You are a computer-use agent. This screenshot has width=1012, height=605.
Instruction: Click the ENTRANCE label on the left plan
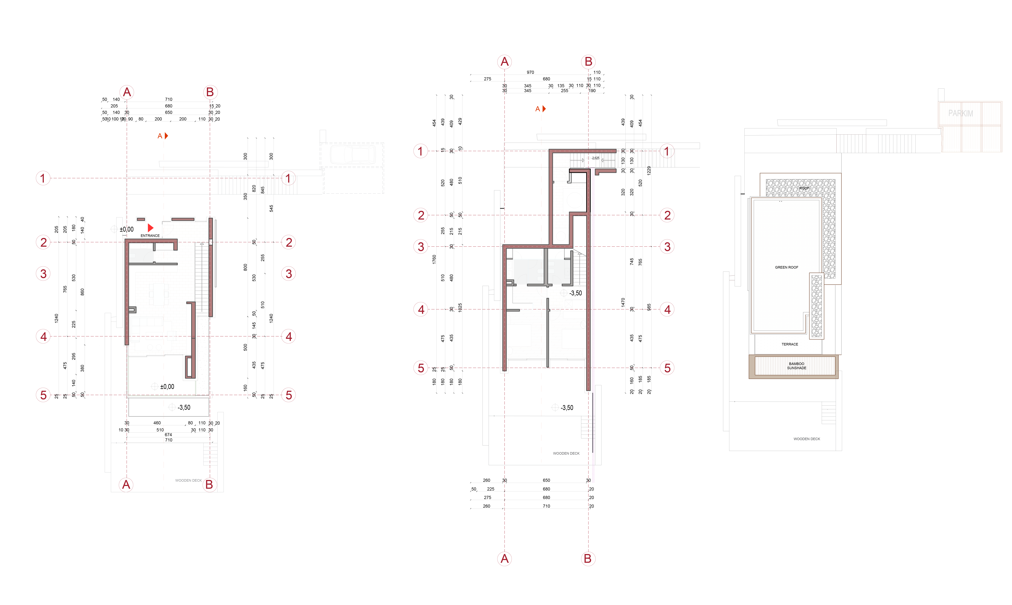(150, 236)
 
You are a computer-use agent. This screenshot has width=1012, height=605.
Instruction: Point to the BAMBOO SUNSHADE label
(797, 366)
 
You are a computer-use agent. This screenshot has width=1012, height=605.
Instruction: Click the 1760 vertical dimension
(434, 259)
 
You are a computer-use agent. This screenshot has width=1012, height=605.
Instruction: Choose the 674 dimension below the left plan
(168, 435)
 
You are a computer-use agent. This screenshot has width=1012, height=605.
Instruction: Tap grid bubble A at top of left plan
(127, 92)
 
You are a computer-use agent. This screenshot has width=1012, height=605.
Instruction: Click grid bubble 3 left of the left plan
(43, 274)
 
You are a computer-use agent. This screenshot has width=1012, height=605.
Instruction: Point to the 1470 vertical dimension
(623, 302)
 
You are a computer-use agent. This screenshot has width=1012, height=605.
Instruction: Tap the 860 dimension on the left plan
(82, 292)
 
